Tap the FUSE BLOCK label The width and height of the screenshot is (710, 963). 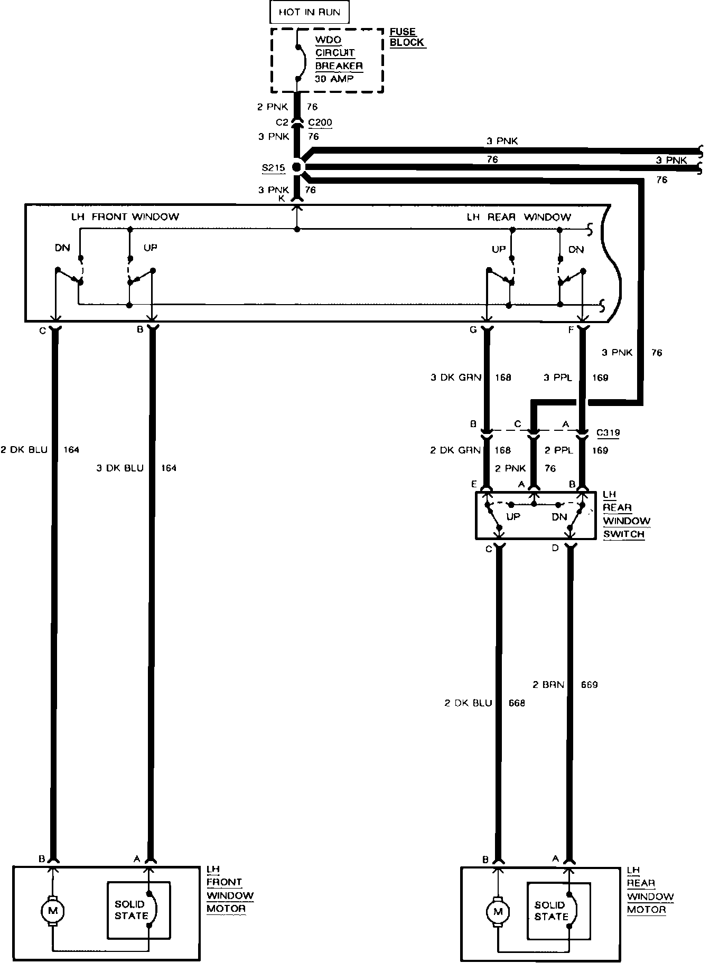pos(407,37)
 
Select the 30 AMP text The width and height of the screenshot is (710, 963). pos(335,78)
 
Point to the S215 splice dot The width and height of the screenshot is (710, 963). pos(297,167)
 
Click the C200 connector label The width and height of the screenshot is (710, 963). pos(320,123)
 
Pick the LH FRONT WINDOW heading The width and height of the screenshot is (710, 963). pos(125,216)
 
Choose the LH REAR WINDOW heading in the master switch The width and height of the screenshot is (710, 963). pos(519,217)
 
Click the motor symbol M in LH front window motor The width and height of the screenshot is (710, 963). pos(52,910)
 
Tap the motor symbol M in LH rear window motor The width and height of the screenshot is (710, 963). pos(497,911)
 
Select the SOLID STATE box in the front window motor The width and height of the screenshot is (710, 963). pos(138,910)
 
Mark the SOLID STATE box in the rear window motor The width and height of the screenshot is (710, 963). pos(558,911)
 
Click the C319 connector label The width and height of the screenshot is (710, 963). pos(608,433)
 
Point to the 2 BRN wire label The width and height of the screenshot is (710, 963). pos(548,685)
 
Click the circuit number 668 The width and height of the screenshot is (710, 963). pos(517,703)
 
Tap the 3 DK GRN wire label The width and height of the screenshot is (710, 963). pos(456,377)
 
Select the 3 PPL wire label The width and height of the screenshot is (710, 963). pos(558,377)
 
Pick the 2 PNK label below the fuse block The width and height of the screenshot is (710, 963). pos(273,107)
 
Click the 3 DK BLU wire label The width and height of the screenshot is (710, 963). pos(120,468)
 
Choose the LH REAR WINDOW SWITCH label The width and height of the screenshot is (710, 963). pos(626,514)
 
